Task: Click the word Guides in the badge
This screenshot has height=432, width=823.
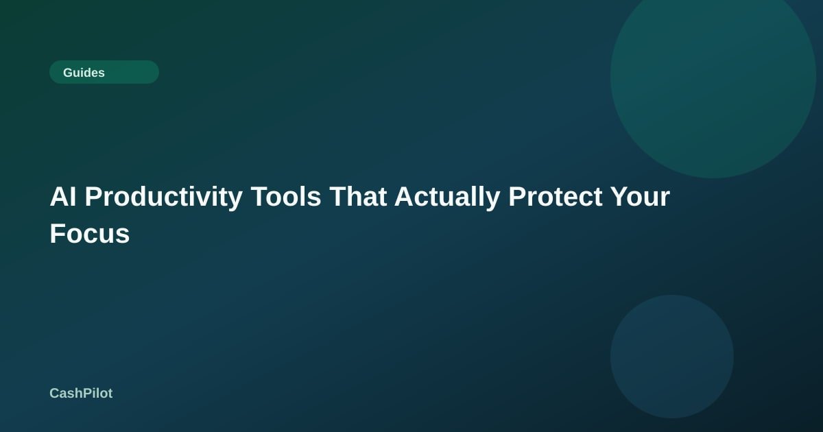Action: pos(84,73)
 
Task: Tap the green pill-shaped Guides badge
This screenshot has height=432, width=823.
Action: pos(104,72)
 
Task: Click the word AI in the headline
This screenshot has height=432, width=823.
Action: pos(63,197)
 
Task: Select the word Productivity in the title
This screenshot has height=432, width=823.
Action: pos(164,197)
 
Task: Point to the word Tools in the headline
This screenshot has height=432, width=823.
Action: pos(286,197)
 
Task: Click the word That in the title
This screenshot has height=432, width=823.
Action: pos(358,197)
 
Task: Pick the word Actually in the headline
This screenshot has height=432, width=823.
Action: pos(447,197)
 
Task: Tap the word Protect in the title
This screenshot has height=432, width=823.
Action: pos(556,197)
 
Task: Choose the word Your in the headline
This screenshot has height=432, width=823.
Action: pos(641,197)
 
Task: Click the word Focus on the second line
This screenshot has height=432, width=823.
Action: pos(90,234)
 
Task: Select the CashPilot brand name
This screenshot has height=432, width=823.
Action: pos(81,393)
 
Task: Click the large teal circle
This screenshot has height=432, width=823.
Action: pos(713,75)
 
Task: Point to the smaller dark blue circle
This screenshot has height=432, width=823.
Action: pos(672,357)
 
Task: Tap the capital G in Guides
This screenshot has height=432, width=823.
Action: pos(69,73)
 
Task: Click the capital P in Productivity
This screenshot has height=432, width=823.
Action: pos(93,197)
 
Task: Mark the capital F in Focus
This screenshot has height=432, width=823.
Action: pos(58,234)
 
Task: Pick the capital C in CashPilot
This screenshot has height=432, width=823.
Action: pos(55,394)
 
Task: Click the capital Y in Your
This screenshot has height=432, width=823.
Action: pos(621,197)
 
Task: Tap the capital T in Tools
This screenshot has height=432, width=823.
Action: pos(261,197)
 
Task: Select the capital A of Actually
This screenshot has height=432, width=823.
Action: pos(405,197)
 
